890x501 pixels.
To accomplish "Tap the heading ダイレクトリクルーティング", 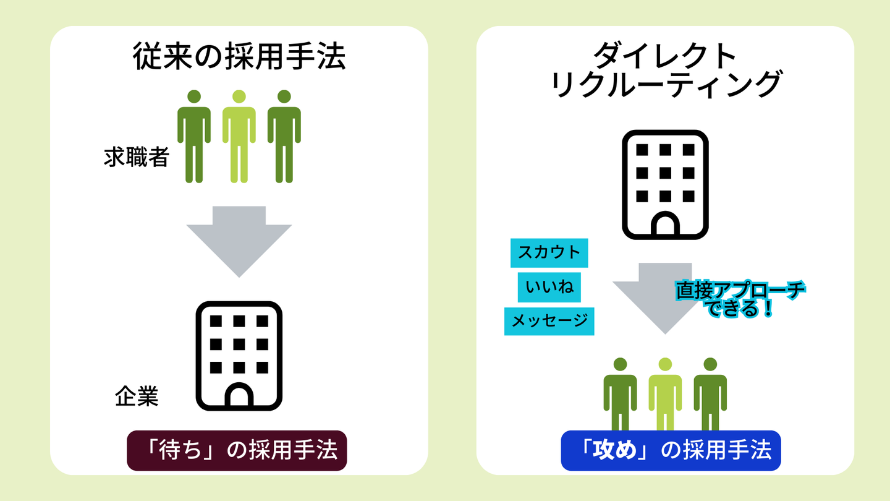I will pyautogui.click(x=665, y=71).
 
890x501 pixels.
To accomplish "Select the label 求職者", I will pyautogui.click(x=136, y=158).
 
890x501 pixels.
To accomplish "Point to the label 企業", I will pyautogui.click(x=137, y=396).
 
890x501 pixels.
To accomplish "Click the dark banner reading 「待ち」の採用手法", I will pyautogui.click(x=237, y=451).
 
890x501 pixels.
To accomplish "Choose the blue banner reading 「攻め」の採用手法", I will pyautogui.click(x=671, y=451).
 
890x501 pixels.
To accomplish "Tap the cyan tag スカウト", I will pyautogui.click(x=549, y=253).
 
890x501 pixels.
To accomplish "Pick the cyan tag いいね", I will pyautogui.click(x=549, y=287).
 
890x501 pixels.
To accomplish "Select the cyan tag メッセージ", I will pyautogui.click(x=549, y=321).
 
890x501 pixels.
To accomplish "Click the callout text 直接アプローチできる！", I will pyautogui.click(x=740, y=299).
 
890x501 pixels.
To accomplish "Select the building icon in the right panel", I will pyautogui.click(x=665, y=184).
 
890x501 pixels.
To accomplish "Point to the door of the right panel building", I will pyautogui.click(x=665, y=225).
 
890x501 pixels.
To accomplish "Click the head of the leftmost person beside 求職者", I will pyautogui.click(x=194, y=96).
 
